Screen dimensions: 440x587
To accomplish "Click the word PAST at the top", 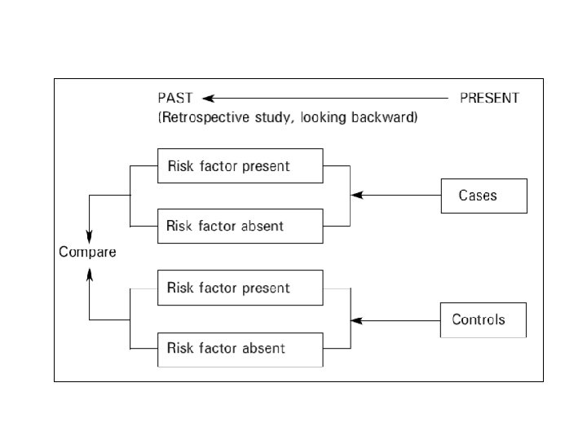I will tap(175, 98).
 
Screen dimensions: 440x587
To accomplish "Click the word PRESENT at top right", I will tap(489, 98).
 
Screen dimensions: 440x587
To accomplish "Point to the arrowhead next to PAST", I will tap(208, 98).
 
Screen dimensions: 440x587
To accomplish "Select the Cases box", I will tap(483, 196).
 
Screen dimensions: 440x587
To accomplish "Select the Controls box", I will tap(483, 319).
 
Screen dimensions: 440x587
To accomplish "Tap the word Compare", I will tap(87, 252).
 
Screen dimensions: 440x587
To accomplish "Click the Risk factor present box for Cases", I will tap(240, 167).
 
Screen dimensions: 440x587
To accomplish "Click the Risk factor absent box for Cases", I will tap(240, 226).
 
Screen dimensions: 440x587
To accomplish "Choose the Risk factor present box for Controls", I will tap(240, 288).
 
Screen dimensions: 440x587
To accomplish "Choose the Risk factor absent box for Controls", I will tap(240, 349).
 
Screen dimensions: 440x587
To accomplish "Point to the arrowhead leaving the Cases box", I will tap(355, 196).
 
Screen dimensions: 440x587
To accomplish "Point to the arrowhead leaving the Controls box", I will tap(355, 320).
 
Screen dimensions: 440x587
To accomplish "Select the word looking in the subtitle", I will tap(325, 117).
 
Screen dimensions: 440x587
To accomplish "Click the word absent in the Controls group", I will tap(263, 349).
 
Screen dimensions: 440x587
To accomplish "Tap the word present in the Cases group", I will tap(267, 167).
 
